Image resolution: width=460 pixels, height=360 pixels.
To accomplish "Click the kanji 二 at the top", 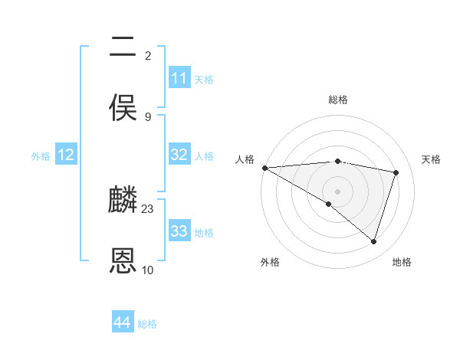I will point(123,47).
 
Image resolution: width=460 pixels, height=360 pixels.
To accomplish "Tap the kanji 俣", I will point(123,108).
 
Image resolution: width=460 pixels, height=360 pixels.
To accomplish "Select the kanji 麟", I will point(123,201).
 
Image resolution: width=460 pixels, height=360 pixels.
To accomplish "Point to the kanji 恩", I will point(123,261).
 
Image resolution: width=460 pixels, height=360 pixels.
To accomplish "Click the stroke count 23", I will point(148,208).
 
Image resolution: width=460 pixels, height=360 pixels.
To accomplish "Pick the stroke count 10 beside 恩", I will point(148,270).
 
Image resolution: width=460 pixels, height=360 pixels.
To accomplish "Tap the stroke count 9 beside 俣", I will point(148,116).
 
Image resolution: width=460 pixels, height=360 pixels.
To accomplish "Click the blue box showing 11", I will point(179,78).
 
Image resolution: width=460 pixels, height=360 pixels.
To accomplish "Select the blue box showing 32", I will point(179,155).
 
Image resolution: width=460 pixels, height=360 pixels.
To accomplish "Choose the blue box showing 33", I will point(179,231).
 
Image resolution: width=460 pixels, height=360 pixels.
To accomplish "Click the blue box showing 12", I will point(66,155).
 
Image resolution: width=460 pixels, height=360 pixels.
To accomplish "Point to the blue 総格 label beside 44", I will point(147,324).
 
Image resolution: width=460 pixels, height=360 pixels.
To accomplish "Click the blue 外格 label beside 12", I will point(41,156).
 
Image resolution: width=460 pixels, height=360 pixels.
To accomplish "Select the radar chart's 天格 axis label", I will point(431,159).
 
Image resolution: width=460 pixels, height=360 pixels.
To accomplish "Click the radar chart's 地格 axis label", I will point(402,262).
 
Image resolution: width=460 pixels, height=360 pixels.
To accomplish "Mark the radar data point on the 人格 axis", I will point(264,168).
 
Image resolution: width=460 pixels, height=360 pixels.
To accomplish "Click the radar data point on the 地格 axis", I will point(374,242).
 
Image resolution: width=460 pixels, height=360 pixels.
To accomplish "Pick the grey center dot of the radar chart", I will point(337,191).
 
